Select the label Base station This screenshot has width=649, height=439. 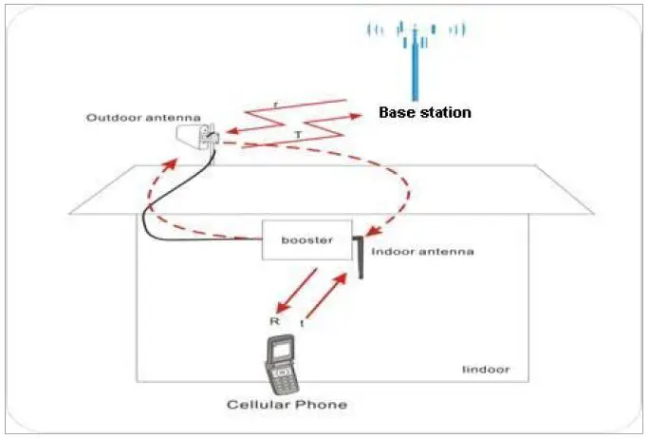424,112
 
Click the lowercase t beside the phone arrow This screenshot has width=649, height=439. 303,324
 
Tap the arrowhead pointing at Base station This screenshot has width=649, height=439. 359,116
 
